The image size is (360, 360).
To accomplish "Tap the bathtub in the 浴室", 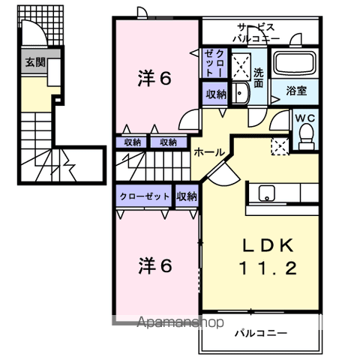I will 294,64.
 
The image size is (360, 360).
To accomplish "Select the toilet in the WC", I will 306,134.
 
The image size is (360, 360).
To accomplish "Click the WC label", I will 304,118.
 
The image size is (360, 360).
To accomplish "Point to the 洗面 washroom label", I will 258,77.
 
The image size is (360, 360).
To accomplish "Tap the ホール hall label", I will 208,152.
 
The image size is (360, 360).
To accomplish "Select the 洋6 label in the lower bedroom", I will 157,265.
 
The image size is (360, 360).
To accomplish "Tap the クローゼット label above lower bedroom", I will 144,196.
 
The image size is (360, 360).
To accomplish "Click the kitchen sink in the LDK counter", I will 268,193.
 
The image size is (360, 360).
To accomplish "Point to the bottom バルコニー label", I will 259,333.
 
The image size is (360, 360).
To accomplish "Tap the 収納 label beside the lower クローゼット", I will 187,196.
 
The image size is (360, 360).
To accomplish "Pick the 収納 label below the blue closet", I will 215,94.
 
